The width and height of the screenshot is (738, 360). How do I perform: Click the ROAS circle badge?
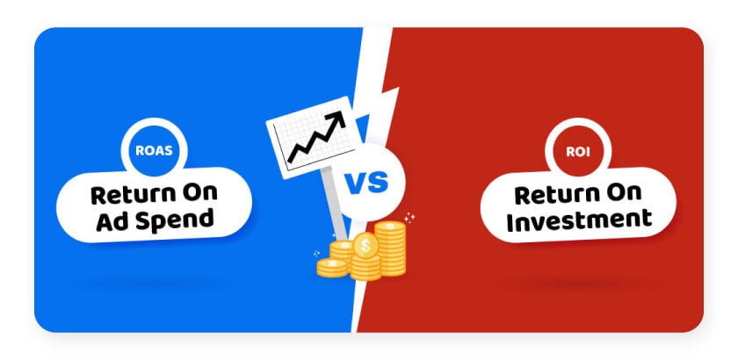click(x=154, y=151)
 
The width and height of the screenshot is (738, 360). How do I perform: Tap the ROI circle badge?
click(x=578, y=151)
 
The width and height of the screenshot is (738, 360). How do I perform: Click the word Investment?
click(x=579, y=220)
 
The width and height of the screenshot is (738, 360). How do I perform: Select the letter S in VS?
click(x=378, y=183)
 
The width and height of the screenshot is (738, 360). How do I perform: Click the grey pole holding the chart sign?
click(x=335, y=202)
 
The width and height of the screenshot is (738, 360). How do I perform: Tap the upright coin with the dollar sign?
click(x=365, y=246)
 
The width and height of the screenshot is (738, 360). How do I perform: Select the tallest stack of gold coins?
click(x=390, y=248)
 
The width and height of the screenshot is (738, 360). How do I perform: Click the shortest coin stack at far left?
click(x=332, y=267)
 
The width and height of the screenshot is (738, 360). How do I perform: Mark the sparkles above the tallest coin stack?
click(x=409, y=218)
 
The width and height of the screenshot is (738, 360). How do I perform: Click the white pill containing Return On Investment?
click(x=578, y=205)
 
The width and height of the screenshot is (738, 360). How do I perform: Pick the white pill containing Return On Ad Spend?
click(x=154, y=205)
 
